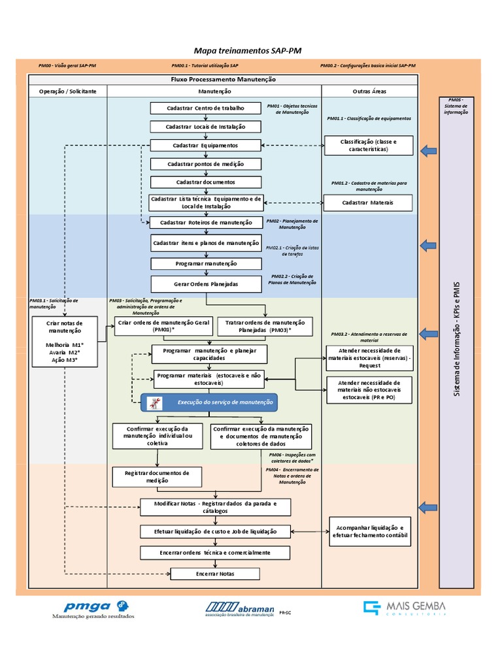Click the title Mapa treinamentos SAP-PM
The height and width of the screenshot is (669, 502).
[248, 51]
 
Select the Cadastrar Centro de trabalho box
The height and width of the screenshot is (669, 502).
[205, 108]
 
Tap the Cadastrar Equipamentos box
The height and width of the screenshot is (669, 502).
[205, 145]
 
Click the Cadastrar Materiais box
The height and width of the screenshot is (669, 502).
[368, 203]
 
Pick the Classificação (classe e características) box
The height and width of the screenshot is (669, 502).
[368, 145]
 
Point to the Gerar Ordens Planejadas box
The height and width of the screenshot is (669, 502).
[205, 284]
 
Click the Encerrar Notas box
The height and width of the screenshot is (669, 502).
[215, 574]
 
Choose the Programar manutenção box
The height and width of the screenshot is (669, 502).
[205, 264]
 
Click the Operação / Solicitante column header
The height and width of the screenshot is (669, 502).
[67, 91]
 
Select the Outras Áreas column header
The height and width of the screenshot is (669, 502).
[369, 91]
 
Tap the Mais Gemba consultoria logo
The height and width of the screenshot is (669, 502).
[405, 608]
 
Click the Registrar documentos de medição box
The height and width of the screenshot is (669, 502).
[157, 477]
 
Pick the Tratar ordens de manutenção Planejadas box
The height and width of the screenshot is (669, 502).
[265, 327]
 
